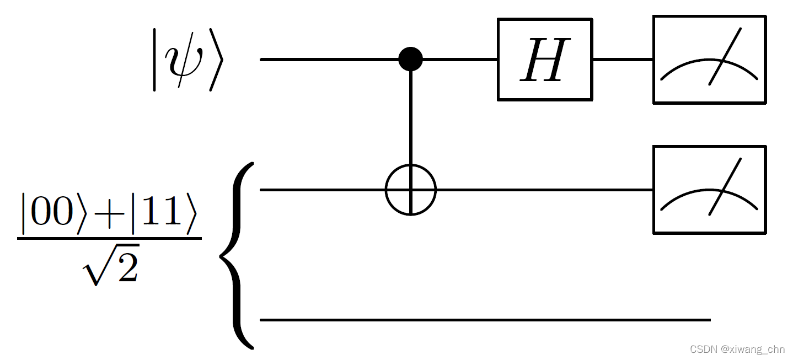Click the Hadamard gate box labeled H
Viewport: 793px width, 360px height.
(545, 60)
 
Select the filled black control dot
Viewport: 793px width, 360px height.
(410, 58)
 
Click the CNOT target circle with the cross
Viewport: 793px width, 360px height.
(410, 190)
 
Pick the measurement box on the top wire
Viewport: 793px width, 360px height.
(709, 60)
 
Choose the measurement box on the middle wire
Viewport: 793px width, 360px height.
(709, 190)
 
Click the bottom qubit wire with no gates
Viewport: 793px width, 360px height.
(485, 319)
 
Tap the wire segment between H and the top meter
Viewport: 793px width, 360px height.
(623, 59)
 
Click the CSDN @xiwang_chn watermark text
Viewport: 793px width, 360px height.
(738, 349)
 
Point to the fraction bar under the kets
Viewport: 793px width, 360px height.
(109, 238)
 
